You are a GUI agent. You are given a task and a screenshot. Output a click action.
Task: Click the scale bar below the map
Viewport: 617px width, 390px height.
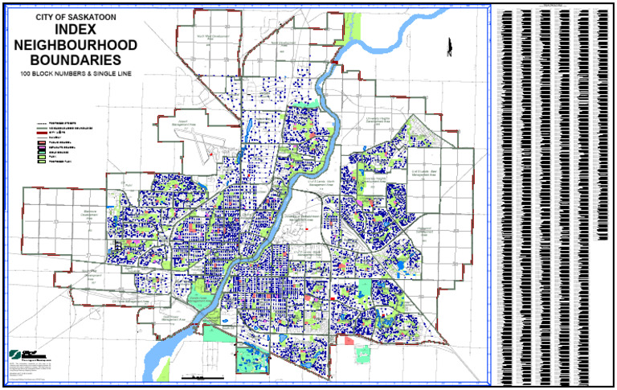pyautogui.click(x=197, y=376)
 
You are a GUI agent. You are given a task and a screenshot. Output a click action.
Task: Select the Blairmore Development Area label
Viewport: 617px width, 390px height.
pyautogui.click(x=89, y=214)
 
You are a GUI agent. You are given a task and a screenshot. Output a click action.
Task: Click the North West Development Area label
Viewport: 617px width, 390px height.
pyautogui.click(x=215, y=36)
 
